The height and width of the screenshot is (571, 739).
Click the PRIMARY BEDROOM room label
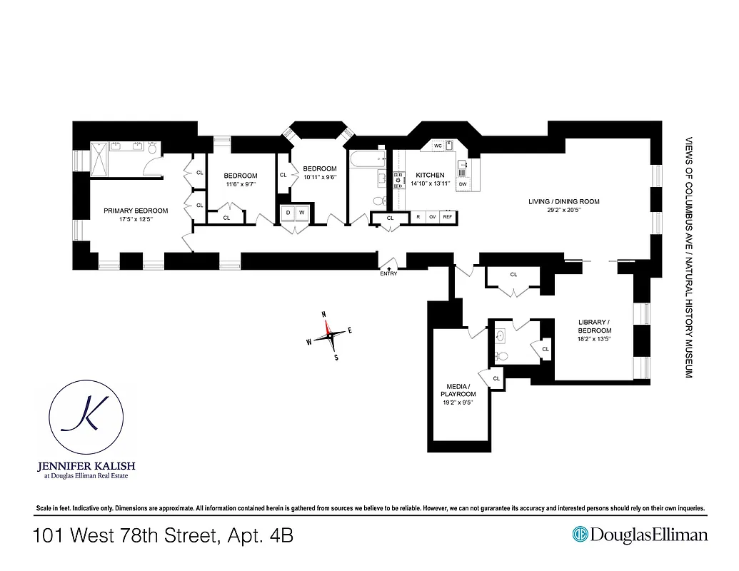(x=136, y=211)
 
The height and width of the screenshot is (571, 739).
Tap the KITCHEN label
(x=430, y=175)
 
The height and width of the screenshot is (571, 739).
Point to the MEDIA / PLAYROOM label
(x=458, y=390)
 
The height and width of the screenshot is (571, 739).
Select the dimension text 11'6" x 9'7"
(x=240, y=185)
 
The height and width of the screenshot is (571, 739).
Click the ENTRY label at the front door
(x=389, y=273)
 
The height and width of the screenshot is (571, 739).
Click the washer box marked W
(x=302, y=213)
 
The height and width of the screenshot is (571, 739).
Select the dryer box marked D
(x=287, y=213)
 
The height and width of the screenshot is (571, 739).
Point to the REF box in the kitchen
(x=448, y=217)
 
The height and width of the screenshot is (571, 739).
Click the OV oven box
(x=432, y=217)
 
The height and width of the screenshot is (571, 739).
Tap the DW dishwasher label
(x=463, y=184)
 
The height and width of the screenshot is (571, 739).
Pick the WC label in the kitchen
(x=438, y=146)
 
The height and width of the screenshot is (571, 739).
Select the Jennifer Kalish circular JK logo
(x=86, y=420)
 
